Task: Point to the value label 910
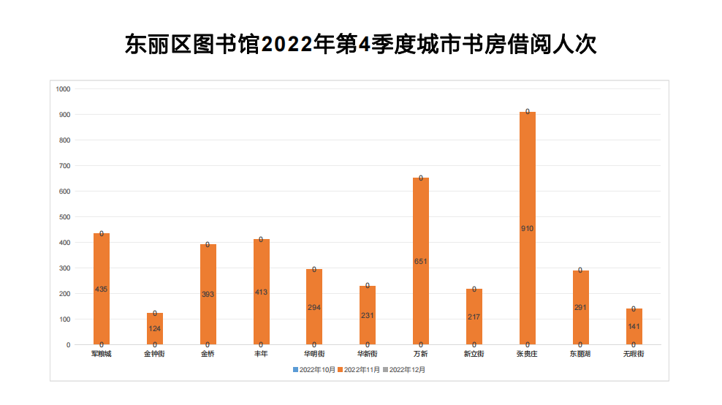point(527,229)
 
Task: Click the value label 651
point(421,261)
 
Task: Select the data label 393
point(208,294)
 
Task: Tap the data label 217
point(474,317)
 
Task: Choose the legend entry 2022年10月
point(315,370)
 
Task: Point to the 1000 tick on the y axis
point(63,89)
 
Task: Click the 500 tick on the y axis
point(64,217)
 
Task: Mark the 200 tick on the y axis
point(64,294)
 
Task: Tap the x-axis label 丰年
point(261,354)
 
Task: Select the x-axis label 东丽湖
point(580,354)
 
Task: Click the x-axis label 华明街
point(314,354)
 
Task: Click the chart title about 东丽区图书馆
point(361,44)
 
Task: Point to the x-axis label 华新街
point(368,354)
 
